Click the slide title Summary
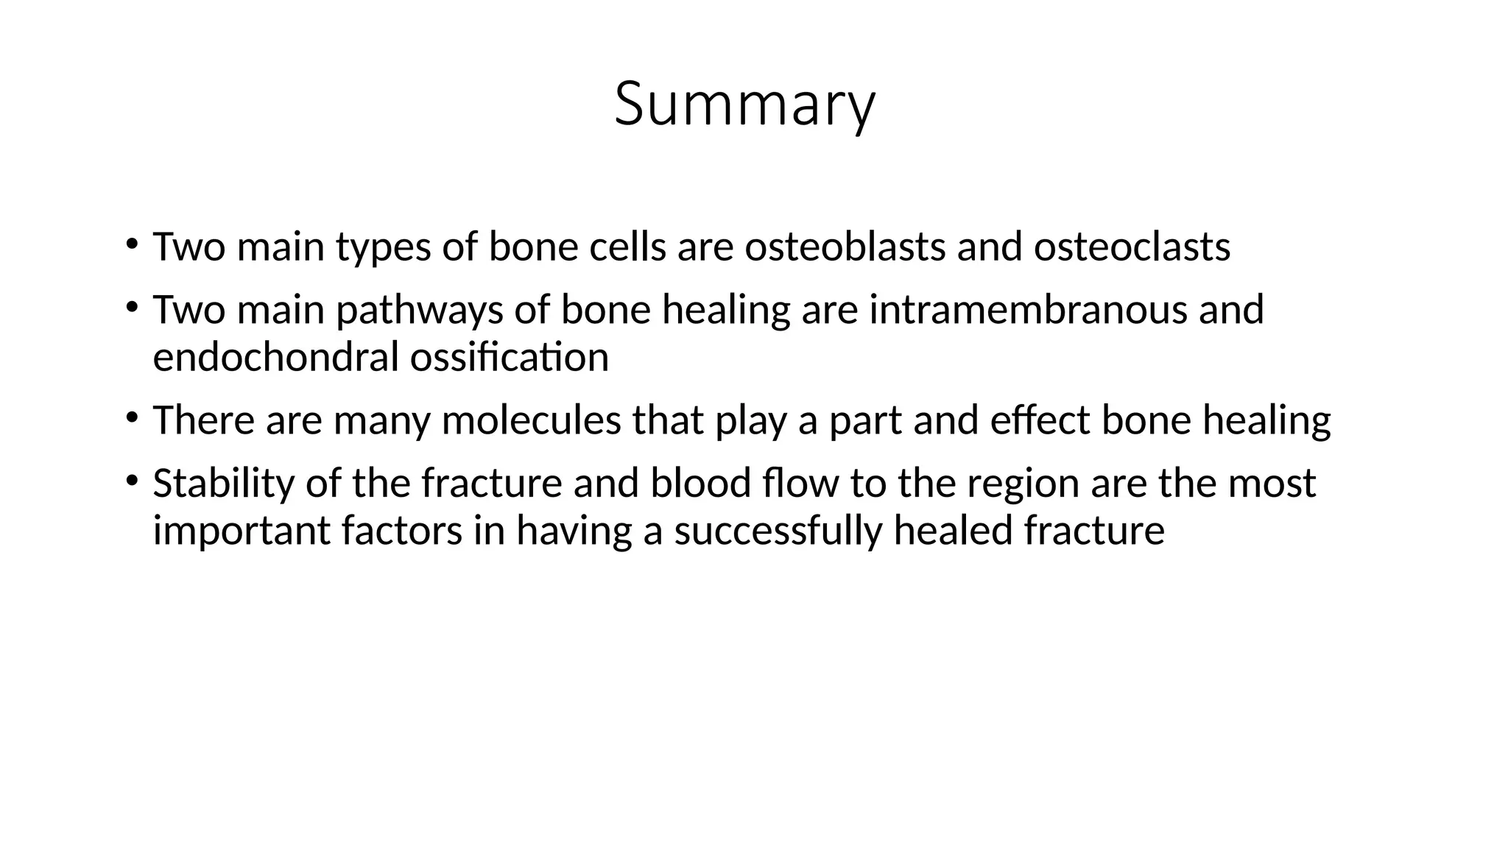[744, 105]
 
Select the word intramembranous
[1028, 309]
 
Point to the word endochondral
[275, 358]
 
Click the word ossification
[509, 358]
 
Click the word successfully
[778, 531]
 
